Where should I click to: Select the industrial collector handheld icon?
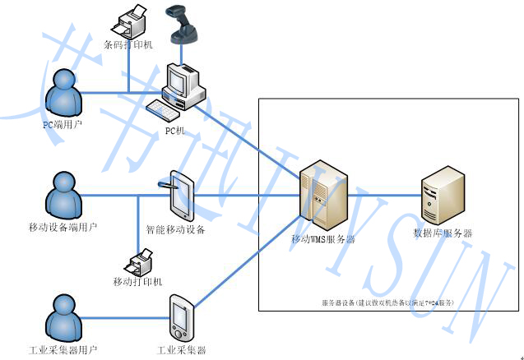tap(182, 318)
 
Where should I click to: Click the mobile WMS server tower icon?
tap(319, 198)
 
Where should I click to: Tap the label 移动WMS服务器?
tap(323, 240)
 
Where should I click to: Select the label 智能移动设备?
tap(175, 230)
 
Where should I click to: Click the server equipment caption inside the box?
tap(387, 303)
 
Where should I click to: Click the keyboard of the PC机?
tap(162, 108)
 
